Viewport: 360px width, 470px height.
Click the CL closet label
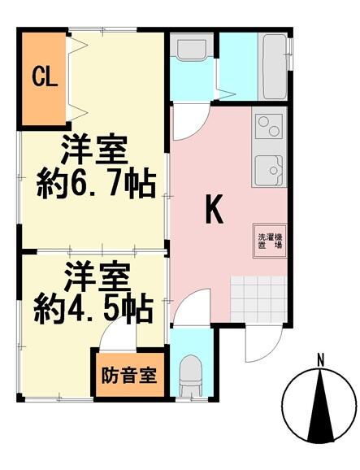click(x=45, y=78)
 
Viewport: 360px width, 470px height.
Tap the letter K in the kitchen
click(x=215, y=209)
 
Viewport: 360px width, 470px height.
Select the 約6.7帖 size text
click(x=96, y=185)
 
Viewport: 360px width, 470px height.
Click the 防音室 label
click(x=129, y=375)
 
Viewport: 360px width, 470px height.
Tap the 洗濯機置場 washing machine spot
click(x=270, y=241)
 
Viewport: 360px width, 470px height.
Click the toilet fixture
click(x=190, y=376)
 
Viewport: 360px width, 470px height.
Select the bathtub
click(x=275, y=67)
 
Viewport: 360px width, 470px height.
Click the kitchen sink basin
click(x=269, y=171)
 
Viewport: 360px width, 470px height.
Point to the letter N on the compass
click(x=321, y=360)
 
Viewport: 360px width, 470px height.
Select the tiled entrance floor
click(x=258, y=299)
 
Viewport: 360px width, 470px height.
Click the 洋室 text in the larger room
click(x=93, y=149)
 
